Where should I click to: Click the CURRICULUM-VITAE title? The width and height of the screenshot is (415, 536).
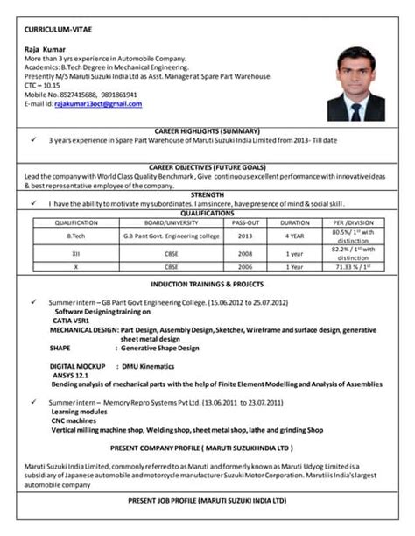tap(55, 32)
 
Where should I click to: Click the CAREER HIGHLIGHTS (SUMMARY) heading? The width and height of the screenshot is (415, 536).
tap(207, 129)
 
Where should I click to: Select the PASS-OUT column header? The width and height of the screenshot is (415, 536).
tap(245, 222)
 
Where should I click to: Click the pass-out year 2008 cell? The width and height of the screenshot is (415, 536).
tap(245, 253)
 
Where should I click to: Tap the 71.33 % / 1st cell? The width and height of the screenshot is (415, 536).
tap(353, 266)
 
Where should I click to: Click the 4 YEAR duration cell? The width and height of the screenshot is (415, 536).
tap(295, 236)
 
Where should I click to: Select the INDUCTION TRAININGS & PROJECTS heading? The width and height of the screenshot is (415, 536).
tap(207, 285)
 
